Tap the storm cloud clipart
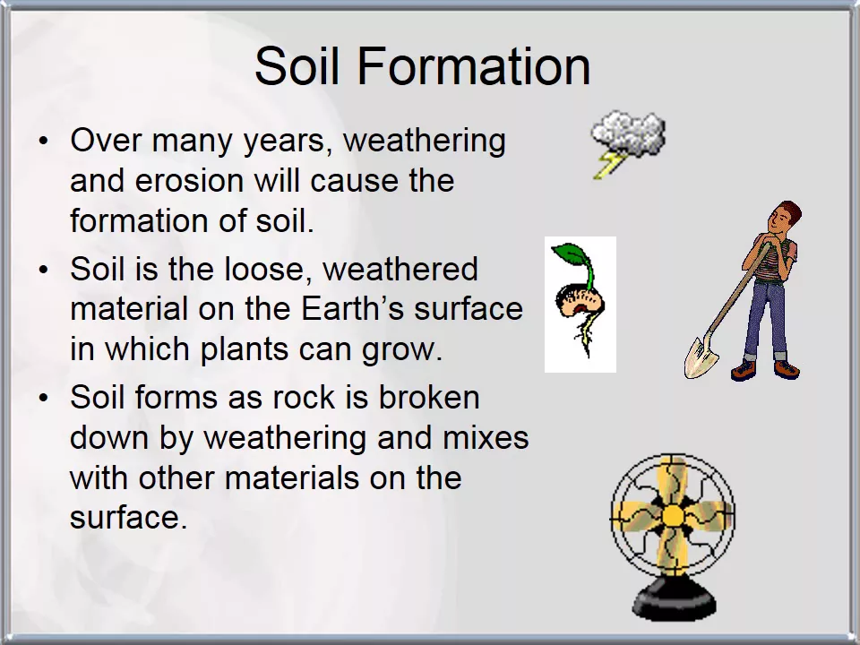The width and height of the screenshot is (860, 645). pyautogui.click(x=629, y=133)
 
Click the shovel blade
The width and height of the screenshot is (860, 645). pyautogui.click(x=701, y=357)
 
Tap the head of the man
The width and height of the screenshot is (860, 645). pyautogui.click(x=784, y=218)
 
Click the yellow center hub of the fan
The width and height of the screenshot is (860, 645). pyautogui.click(x=673, y=516)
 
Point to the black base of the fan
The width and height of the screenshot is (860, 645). pyautogui.click(x=674, y=599)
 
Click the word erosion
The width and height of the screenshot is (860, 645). pyautogui.click(x=189, y=180)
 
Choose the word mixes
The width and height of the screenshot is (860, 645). pyautogui.click(x=486, y=437)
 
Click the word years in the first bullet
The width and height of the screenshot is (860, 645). pyautogui.click(x=288, y=142)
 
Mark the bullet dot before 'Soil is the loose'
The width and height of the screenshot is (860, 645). pyautogui.click(x=44, y=270)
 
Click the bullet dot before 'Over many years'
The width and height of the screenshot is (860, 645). pyautogui.click(x=44, y=141)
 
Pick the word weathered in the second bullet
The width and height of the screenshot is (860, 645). pyautogui.click(x=400, y=269)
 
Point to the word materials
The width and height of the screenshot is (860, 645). pyautogui.click(x=292, y=477)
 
